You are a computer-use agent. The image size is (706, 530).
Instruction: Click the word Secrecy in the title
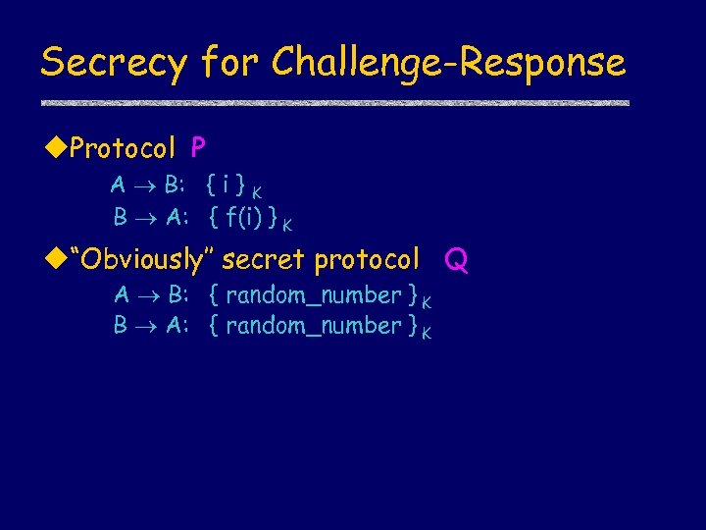[x=113, y=63]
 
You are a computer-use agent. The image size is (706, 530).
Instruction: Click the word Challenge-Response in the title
[x=448, y=63]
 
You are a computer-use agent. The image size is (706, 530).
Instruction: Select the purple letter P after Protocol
[x=198, y=148]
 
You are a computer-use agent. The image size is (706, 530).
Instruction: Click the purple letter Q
[x=456, y=260]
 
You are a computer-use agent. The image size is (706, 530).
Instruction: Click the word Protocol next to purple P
[x=123, y=149]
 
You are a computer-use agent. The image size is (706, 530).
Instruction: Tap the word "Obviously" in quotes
[x=147, y=260]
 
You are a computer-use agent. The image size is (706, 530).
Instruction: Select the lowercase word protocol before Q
[x=367, y=260]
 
